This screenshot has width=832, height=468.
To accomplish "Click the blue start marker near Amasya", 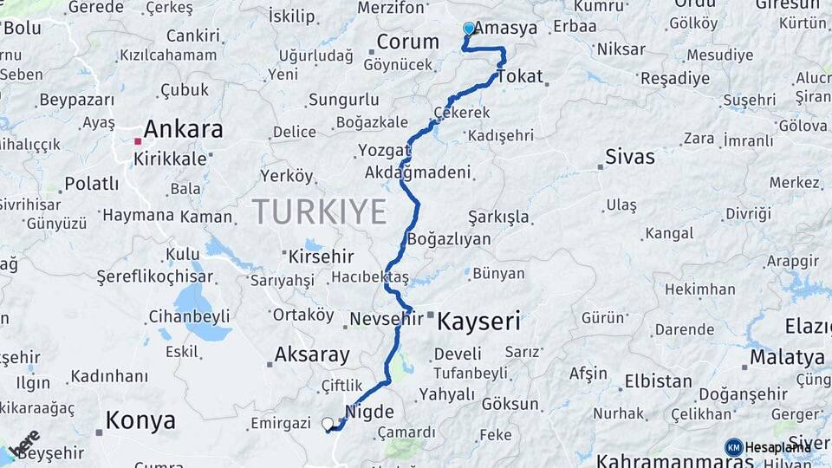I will pyautogui.click(x=469, y=29).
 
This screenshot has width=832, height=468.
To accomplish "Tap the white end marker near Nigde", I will pyautogui.click(x=328, y=424).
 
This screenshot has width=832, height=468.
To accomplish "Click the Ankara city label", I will pyautogui.click(x=183, y=130).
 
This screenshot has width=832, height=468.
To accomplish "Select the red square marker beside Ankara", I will pyautogui.click(x=138, y=140).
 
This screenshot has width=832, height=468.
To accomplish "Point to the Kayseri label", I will pyautogui.click(x=478, y=322).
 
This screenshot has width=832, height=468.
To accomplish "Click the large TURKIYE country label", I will pyautogui.click(x=319, y=211).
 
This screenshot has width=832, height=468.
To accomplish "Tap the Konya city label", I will pyautogui.click(x=140, y=421).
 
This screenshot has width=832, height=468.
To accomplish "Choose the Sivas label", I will pyautogui.click(x=630, y=158).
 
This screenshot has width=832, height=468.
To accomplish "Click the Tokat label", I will pyautogui.click(x=520, y=75).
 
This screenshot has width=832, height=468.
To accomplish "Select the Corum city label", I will pyautogui.click(x=408, y=42).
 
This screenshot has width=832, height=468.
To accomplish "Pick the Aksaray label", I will pyautogui.click(x=312, y=354).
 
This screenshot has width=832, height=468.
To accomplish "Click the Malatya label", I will pyautogui.click(x=787, y=357).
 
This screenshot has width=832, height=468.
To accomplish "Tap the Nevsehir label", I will pyautogui.click(x=387, y=320).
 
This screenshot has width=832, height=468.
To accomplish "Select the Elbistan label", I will pyautogui.click(x=659, y=381).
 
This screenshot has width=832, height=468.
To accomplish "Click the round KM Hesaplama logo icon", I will pyautogui.click(x=734, y=447).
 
